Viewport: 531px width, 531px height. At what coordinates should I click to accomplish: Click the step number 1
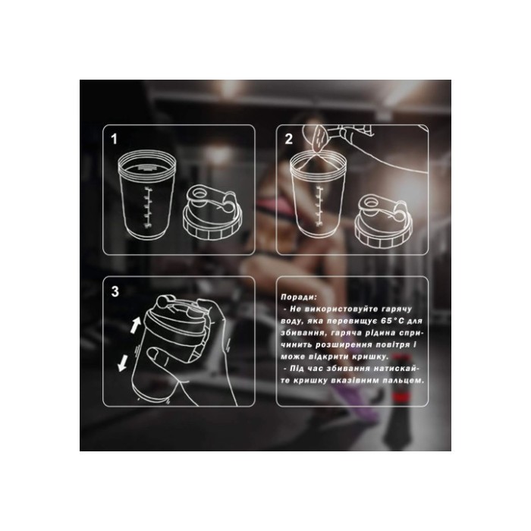point(114,139)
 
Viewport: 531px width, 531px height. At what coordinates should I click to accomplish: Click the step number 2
point(288,139)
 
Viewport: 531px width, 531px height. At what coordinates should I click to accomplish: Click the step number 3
point(115,291)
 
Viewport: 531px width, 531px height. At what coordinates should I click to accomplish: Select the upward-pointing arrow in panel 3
point(136,325)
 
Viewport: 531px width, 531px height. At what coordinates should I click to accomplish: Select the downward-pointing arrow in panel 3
point(123,363)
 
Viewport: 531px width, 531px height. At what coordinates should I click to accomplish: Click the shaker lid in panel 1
point(212,212)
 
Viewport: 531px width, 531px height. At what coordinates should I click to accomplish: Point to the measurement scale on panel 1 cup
point(148,206)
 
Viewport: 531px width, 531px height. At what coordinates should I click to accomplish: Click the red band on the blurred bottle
point(401,397)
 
